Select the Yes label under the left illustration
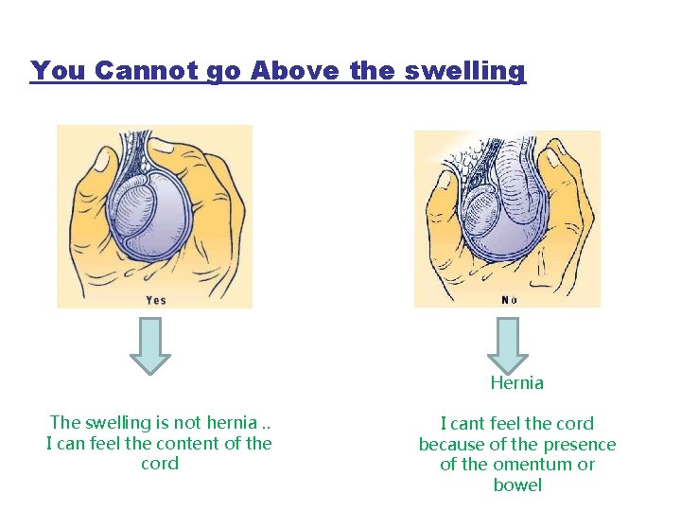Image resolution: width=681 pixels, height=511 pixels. pyautogui.click(x=156, y=300)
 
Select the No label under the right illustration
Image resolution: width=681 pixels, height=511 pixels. pyautogui.click(x=509, y=300)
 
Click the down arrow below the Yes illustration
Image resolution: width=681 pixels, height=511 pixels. pyautogui.click(x=149, y=345)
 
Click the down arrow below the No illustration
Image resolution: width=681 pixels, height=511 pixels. pyautogui.click(x=509, y=345)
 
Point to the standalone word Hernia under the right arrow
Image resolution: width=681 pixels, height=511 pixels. pyautogui.click(x=516, y=383)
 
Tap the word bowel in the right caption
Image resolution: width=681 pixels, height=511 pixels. pyautogui.click(x=517, y=485)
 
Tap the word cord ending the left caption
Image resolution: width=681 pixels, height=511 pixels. pyautogui.click(x=159, y=464)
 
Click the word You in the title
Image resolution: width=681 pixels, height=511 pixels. pyautogui.click(x=59, y=71)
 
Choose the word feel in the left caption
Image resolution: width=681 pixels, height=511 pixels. pyautogui.click(x=112, y=443)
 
